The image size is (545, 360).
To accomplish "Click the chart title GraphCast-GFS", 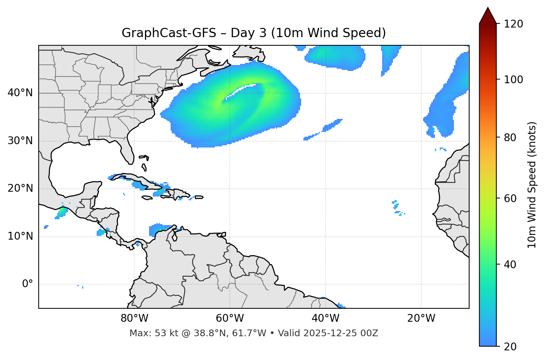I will tap(169, 33).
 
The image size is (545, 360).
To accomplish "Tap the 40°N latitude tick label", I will tap(20, 93).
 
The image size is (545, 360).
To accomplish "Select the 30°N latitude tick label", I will tap(20, 141).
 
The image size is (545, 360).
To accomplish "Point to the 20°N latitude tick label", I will tap(20, 188).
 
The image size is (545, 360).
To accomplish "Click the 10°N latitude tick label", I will tap(20, 236).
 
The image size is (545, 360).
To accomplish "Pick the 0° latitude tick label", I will tap(28, 284).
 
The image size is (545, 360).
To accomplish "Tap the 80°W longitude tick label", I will tap(134, 318).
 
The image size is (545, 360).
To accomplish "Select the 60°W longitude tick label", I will tap(230, 318).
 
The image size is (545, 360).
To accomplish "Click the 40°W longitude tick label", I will tap(325, 318).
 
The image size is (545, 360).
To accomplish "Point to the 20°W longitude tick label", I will tap(421, 318).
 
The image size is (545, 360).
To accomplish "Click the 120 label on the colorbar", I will tap(513, 24).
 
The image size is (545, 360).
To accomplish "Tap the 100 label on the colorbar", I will tap(513, 80).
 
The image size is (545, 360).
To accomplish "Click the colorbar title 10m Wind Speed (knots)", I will tap(532, 185).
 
